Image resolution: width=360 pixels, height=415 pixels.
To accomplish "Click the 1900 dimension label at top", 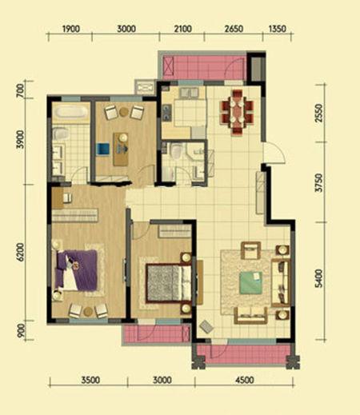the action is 71,29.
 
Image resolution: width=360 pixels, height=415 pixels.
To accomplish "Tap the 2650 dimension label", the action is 234,29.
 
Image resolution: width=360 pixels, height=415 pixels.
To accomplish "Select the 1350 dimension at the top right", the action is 278,29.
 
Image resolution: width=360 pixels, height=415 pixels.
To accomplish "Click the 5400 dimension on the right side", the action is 318,278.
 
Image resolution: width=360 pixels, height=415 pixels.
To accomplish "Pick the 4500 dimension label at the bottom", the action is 245,380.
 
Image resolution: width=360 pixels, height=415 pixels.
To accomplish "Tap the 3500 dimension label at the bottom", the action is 90,380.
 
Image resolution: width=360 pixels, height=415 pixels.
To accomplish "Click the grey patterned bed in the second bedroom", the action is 169,282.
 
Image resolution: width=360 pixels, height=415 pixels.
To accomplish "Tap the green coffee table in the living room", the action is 250,283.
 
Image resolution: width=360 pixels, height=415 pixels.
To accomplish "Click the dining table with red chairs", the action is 237,111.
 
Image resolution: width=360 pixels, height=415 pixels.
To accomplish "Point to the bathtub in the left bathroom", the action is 70,112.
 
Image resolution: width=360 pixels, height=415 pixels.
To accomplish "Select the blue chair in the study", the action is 103,149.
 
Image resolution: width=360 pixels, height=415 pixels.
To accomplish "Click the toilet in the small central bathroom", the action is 176,151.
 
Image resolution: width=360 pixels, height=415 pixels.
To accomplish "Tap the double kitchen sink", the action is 189,93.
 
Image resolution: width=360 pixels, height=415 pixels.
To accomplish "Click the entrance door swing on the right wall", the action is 274,153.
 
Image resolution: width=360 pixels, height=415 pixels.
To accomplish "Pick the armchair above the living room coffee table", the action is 250,250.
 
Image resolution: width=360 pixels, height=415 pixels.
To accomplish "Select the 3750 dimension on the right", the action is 318,182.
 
